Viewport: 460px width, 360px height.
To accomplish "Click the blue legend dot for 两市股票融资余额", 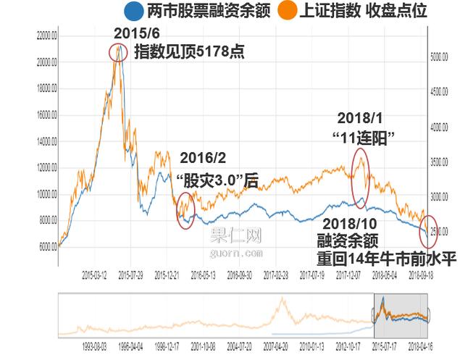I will click(x=133, y=11).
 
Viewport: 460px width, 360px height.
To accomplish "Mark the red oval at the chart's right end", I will click(x=428, y=230).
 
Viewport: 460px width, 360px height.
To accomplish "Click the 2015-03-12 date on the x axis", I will click(x=94, y=275).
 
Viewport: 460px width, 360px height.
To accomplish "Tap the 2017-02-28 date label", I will click(x=275, y=275).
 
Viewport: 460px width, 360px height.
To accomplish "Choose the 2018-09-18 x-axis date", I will click(x=421, y=275).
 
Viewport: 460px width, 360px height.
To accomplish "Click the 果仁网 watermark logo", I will click(x=236, y=237).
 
